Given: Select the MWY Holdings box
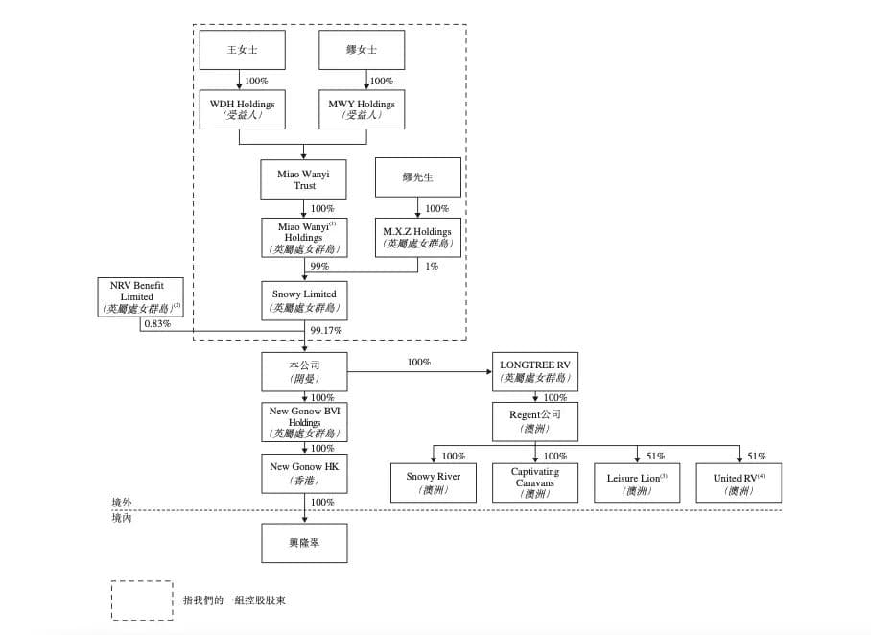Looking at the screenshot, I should (x=362, y=109).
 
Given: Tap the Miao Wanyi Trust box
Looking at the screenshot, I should (x=304, y=179).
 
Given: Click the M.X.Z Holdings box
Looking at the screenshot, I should (x=417, y=237).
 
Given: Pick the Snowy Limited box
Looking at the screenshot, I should (x=304, y=300).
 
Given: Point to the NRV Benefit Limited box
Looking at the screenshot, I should (x=140, y=297).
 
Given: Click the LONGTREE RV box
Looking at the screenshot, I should (x=535, y=371).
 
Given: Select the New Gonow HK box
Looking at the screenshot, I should (x=304, y=473).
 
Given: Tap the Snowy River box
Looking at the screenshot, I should (x=434, y=482).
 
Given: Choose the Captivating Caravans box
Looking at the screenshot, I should (x=535, y=482).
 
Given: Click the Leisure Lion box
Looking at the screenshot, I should (x=637, y=482).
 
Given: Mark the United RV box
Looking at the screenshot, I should (x=739, y=482).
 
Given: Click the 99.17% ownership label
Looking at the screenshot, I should (x=326, y=331).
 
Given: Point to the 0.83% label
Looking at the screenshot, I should (x=156, y=324).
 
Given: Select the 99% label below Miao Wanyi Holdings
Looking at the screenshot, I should (x=319, y=267).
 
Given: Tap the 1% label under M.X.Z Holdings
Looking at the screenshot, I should (x=432, y=267).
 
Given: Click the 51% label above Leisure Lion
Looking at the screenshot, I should (x=655, y=457).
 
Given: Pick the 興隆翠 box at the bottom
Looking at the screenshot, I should (x=304, y=543).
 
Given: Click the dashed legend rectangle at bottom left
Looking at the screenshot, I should (x=142, y=600).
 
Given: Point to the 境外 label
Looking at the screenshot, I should (x=122, y=502).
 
